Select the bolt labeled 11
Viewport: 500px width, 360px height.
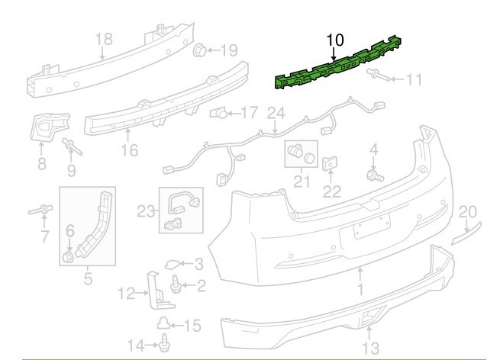pyautogui.click(x=376, y=76)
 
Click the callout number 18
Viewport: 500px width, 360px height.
pyautogui.click(x=103, y=40)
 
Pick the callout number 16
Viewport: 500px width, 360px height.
pyautogui.click(x=129, y=150)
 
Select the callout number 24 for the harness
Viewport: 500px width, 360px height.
pyautogui.click(x=275, y=113)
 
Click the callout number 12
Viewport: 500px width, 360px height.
pyautogui.click(x=127, y=291)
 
